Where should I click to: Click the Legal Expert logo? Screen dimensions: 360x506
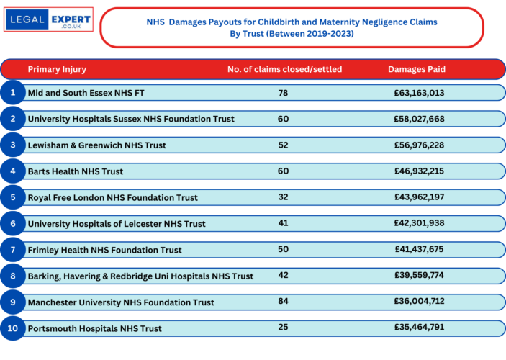click(48, 19)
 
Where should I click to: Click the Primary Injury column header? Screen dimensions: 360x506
click(57, 69)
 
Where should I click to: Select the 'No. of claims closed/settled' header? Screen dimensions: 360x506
click(284, 69)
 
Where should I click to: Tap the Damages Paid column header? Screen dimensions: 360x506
click(417, 69)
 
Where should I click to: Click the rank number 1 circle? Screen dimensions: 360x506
click(12, 93)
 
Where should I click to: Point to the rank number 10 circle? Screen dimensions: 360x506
click(12, 328)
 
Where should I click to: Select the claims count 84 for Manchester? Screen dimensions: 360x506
click(283, 302)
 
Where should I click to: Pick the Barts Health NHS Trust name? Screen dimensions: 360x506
click(76, 171)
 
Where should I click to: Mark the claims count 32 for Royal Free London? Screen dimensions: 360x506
click(283, 197)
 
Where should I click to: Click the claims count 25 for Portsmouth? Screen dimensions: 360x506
click(283, 328)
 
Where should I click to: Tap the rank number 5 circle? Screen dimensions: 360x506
click(12, 197)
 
